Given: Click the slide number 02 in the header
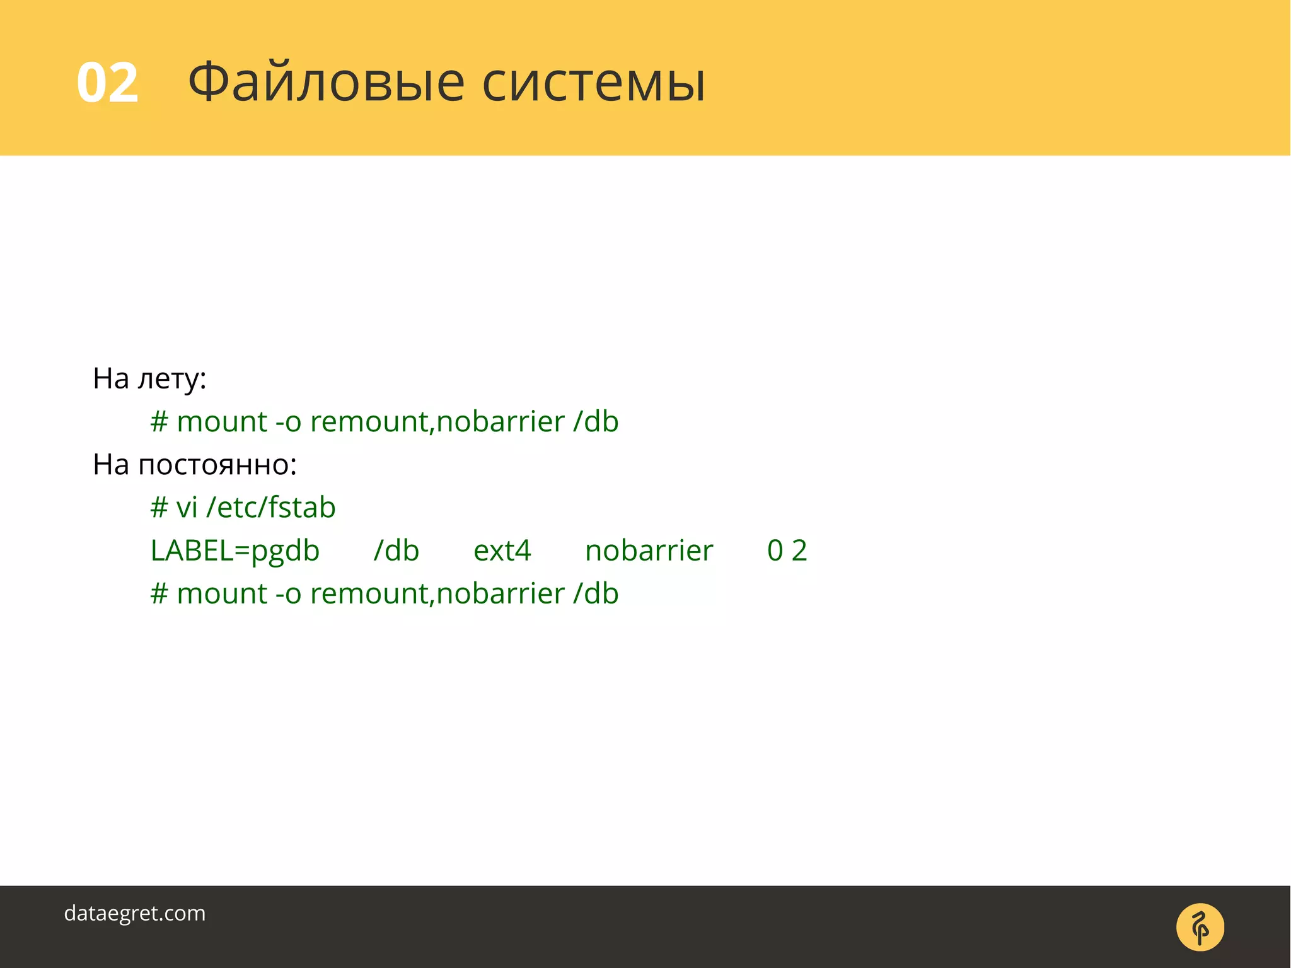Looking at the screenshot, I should click(107, 83).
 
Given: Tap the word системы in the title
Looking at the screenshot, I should click(593, 83).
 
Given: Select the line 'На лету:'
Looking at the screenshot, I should click(149, 378).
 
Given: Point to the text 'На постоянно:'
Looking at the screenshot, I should click(195, 465).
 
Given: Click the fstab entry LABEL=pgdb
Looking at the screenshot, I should click(234, 551).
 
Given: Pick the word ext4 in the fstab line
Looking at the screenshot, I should click(502, 551).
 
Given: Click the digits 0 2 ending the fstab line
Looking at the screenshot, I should click(787, 551).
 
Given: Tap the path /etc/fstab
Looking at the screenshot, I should click(271, 508).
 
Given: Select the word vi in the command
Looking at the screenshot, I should click(187, 508).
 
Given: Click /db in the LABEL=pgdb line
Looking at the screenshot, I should click(396, 551).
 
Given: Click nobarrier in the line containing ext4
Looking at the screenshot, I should click(649, 551).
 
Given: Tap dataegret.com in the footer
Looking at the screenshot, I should click(135, 913).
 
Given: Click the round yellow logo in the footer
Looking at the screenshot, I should click(1200, 927).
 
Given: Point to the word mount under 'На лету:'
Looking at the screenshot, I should click(222, 422).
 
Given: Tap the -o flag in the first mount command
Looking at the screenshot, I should click(288, 422).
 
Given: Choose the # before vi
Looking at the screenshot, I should click(159, 508).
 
